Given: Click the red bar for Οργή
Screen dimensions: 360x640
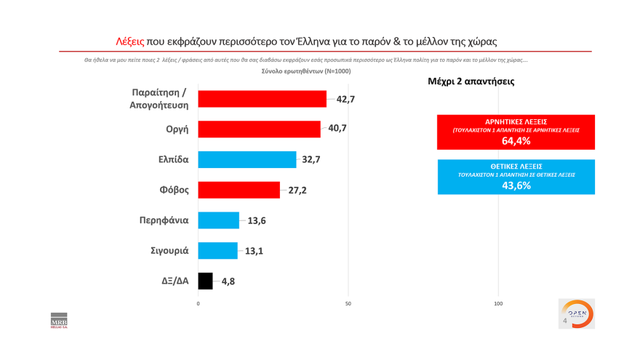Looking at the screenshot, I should (x=259, y=129).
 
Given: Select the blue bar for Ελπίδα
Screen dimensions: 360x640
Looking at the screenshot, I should (x=247, y=159).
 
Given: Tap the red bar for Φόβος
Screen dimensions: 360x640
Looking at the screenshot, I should (x=239, y=190).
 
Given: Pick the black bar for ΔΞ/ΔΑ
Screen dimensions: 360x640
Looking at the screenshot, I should (x=205, y=281).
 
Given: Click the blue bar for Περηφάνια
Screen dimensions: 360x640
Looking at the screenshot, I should (x=218, y=220).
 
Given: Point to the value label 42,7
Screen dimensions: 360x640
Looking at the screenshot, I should (x=345, y=99).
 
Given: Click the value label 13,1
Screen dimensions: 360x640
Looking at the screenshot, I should (x=254, y=251).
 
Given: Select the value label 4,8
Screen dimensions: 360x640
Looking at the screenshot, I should (x=228, y=281).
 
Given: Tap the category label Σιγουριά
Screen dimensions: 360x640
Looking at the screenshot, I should (x=164, y=250).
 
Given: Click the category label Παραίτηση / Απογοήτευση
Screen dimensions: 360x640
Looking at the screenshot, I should (x=154, y=99).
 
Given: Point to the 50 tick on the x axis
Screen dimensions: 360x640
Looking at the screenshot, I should (x=348, y=303).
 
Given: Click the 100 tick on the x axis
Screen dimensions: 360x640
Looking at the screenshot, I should (x=498, y=303).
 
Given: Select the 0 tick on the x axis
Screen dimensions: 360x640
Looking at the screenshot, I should (x=198, y=303).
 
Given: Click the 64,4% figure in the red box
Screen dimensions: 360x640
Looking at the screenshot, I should (x=516, y=141).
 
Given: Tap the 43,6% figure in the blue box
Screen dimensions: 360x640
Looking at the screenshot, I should (x=516, y=185).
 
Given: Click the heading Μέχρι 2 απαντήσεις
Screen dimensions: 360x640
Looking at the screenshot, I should (x=471, y=81).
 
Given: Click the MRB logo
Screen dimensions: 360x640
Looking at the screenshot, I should (x=58, y=320).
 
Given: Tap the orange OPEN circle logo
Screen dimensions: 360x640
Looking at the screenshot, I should (x=580, y=313).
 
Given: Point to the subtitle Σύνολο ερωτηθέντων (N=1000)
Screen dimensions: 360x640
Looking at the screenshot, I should (x=305, y=71).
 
